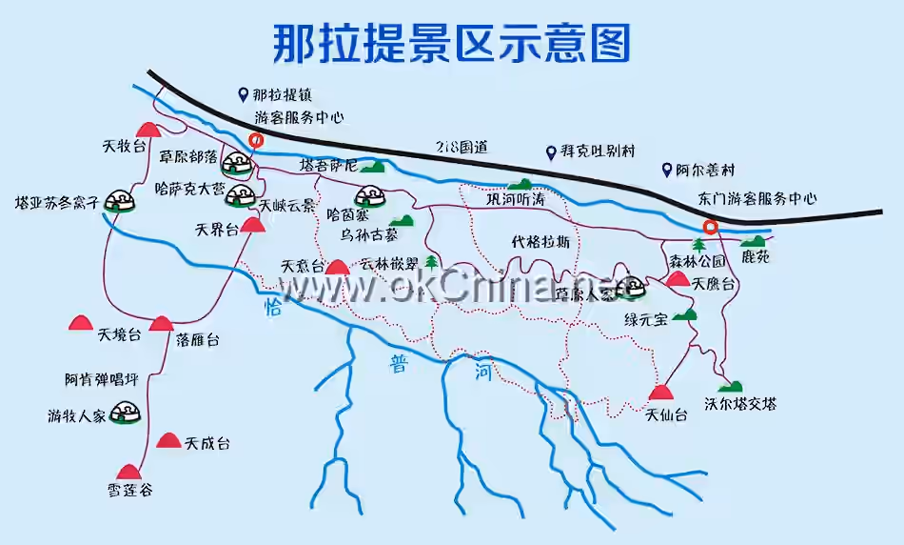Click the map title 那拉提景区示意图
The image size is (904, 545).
point(452,44)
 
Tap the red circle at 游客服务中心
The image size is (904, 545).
point(256,140)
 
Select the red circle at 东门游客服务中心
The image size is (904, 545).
point(710,227)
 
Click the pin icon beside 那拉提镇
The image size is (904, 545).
point(244,94)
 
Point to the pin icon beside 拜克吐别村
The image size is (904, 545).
point(550,152)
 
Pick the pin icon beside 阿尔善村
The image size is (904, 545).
point(668,171)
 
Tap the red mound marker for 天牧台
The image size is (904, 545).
point(147,130)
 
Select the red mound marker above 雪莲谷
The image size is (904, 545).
point(128,471)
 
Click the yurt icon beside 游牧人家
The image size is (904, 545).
point(124,414)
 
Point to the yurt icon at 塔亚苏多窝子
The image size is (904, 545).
point(118,201)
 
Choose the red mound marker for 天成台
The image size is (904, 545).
point(168,440)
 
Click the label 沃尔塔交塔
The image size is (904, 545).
point(740,404)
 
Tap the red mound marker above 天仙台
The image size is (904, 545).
point(660,393)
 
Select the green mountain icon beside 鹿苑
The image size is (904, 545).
point(752,242)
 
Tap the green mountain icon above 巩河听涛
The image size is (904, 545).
point(520,184)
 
